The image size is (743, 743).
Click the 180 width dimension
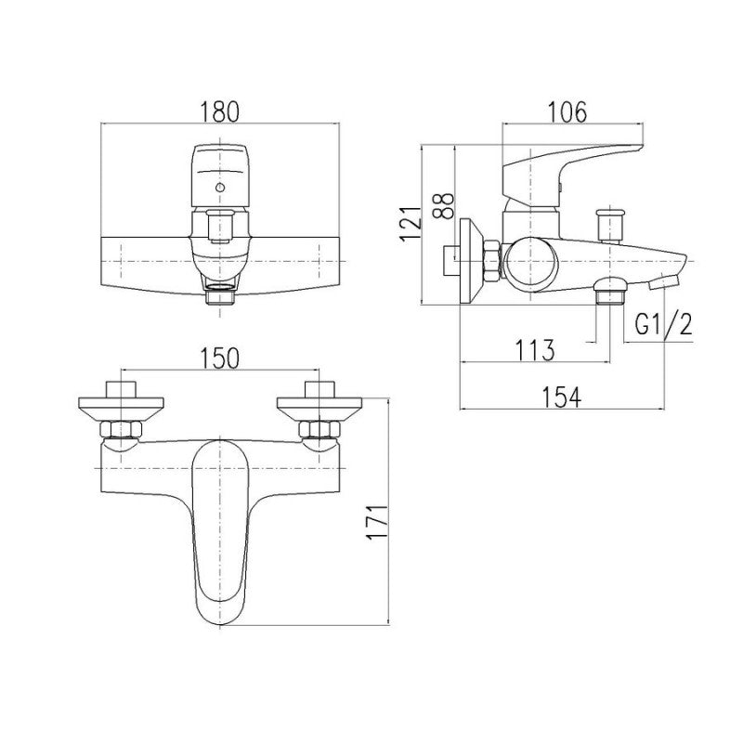click(x=220, y=112)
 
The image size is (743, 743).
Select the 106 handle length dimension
click(x=567, y=112)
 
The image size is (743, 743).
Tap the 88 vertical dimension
click(x=444, y=205)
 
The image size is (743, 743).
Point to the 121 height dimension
click(x=411, y=224)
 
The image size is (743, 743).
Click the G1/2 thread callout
click(x=663, y=324)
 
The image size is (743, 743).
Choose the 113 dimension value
click(x=534, y=350)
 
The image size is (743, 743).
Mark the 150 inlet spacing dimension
click(x=219, y=358)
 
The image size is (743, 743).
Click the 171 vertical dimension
click(x=378, y=522)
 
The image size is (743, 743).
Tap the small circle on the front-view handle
click(x=219, y=188)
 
